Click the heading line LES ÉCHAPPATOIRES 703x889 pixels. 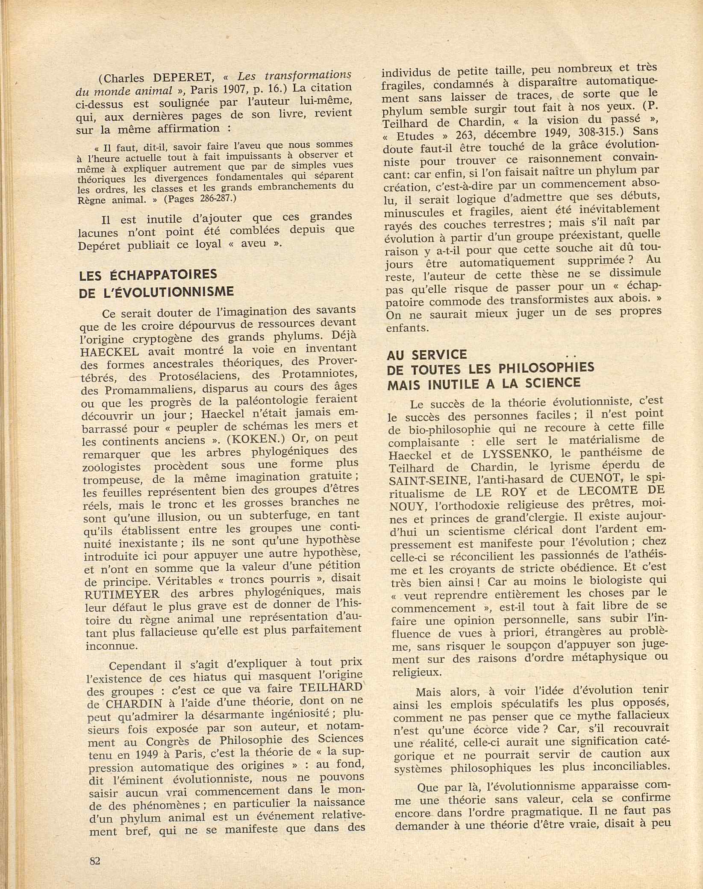coord(148,275)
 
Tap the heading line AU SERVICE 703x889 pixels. coord(427,355)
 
